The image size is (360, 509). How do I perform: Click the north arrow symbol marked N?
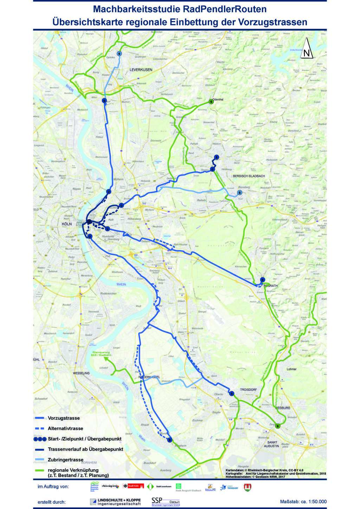(x=307, y=48)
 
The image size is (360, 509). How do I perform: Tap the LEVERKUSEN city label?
(x=141, y=70)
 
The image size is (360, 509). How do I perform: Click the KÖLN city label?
(x=66, y=224)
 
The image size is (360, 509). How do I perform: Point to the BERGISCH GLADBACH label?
(x=249, y=176)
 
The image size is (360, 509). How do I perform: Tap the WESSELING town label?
(x=81, y=373)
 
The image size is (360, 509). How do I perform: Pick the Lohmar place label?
(x=291, y=369)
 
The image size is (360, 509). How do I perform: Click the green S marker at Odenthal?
(x=211, y=102)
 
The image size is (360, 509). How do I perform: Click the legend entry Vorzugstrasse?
(x=64, y=418)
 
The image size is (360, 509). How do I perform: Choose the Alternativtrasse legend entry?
(x=65, y=428)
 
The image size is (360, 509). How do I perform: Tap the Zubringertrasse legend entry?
(x=65, y=459)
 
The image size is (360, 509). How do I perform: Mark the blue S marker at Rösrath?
(x=262, y=280)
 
